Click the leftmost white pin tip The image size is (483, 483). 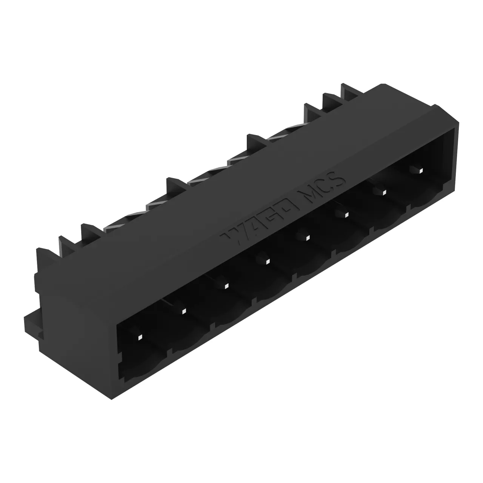coord(140,337)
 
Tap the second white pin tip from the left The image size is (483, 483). coord(184,311)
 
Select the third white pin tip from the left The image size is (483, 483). coord(226,286)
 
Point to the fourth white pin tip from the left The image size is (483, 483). coord(268,261)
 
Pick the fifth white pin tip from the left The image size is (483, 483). coord(307,238)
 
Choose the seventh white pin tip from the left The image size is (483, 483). coord(384,192)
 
